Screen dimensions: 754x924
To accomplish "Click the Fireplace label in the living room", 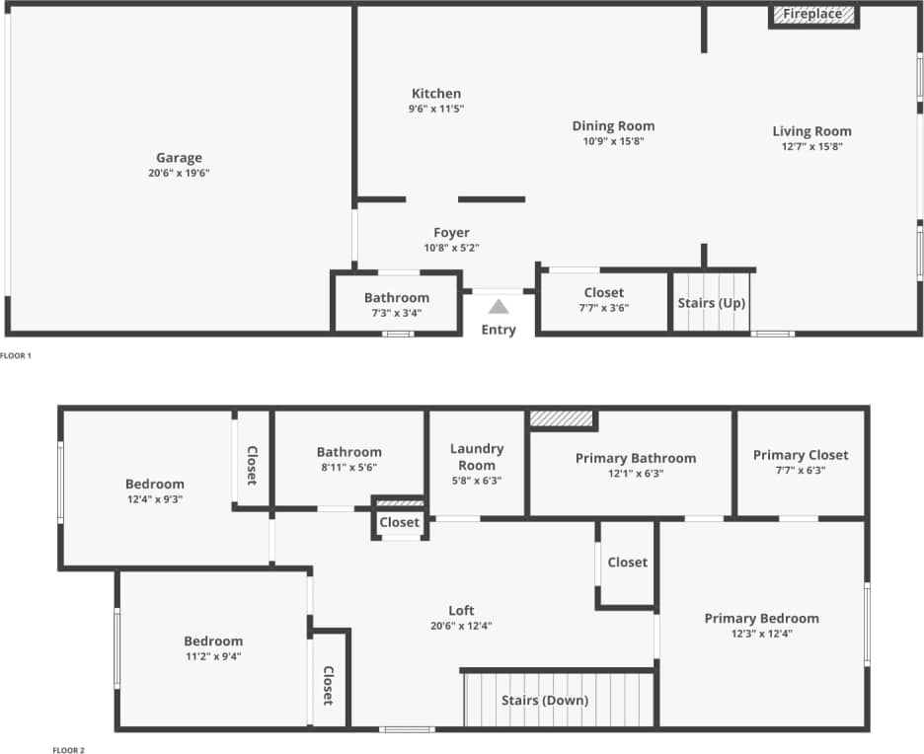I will pyautogui.click(x=813, y=14).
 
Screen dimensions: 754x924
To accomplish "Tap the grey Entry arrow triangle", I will pyautogui.click(x=499, y=307).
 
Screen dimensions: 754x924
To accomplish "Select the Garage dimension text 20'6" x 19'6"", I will pyautogui.click(x=179, y=173).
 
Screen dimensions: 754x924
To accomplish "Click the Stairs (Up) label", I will pyautogui.click(x=711, y=302).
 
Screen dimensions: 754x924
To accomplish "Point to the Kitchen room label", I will pyautogui.click(x=436, y=94).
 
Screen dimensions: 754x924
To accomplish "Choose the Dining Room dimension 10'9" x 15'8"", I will pyautogui.click(x=613, y=141).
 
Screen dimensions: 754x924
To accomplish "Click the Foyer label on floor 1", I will pyautogui.click(x=451, y=233).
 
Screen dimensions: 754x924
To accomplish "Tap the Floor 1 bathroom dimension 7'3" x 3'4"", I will pyautogui.click(x=397, y=313).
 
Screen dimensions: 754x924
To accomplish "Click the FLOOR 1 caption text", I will pyautogui.click(x=17, y=355).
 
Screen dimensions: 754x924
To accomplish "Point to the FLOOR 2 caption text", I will pyautogui.click(x=68, y=750).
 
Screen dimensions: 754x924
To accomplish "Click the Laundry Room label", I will pyautogui.click(x=477, y=457).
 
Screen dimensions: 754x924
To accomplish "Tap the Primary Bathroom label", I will pyautogui.click(x=636, y=458).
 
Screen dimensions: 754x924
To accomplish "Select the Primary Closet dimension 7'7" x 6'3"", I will pyautogui.click(x=801, y=471).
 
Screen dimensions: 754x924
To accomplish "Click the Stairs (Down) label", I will pyautogui.click(x=544, y=701).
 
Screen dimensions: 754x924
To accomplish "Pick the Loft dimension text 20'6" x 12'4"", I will pyautogui.click(x=461, y=626).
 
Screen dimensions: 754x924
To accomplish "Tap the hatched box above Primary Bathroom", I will pyautogui.click(x=562, y=418).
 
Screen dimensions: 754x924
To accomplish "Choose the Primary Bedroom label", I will pyautogui.click(x=761, y=619).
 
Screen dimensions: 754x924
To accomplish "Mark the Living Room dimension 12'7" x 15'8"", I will pyautogui.click(x=811, y=146).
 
